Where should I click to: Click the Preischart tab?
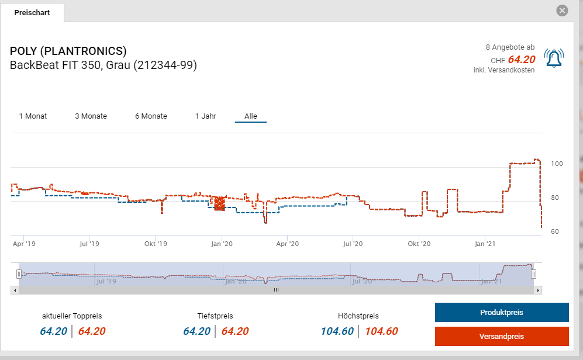[32, 12]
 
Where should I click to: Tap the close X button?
[562, 11]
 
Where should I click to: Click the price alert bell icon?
[553, 58]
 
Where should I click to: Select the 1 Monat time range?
[33, 116]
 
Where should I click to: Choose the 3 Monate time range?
[91, 116]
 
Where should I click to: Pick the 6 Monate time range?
[151, 116]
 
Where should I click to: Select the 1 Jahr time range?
[206, 116]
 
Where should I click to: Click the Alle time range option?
[251, 116]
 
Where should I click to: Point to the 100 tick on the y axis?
[557, 164]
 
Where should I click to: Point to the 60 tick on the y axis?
[555, 231]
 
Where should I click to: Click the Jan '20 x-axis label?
[221, 244]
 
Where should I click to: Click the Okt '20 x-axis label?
[419, 244]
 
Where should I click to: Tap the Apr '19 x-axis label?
[24, 244]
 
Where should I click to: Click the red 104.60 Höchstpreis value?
[381, 331]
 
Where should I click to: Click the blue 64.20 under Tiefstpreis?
[197, 331]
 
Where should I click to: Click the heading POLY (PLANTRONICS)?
[68, 51]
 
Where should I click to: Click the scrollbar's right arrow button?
[539, 289]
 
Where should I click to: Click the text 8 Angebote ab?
[510, 47]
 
